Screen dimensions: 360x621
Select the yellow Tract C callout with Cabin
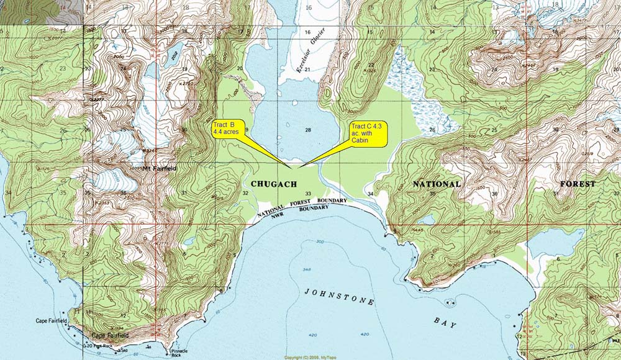click(368, 133)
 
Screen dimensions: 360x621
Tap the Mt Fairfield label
click(155, 168)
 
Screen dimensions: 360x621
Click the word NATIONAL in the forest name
click(437, 184)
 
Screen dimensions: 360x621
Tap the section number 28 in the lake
click(307, 129)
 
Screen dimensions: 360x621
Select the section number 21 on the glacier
click(307, 69)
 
